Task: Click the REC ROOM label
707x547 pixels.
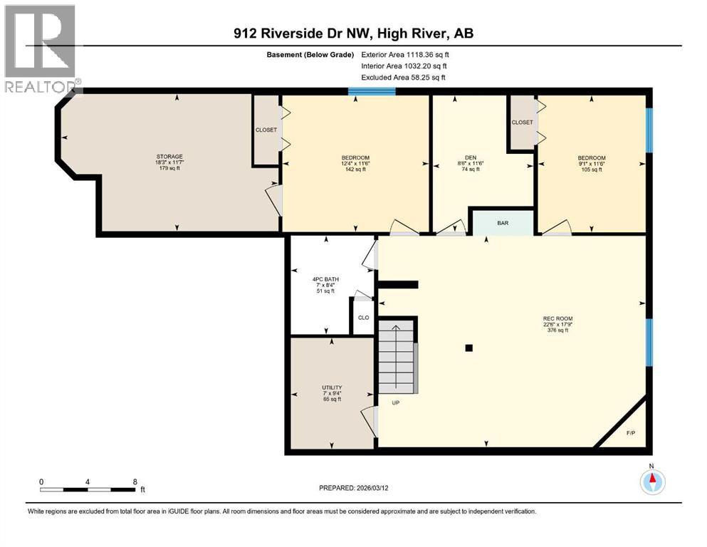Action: click(557, 318)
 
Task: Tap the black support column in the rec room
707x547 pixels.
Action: click(468, 348)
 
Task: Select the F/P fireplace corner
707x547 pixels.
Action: click(630, 432)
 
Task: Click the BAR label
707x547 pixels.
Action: click(503, 223)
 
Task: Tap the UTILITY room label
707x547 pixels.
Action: click(332, 387)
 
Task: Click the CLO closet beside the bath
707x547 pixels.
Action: click(363, 318)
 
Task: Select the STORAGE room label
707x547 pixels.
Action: click(170, 157)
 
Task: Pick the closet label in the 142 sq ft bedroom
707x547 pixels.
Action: click(266, 130)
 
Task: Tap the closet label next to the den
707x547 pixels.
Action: click(522, 123)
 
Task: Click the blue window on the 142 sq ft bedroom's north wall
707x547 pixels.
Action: click(372, 91)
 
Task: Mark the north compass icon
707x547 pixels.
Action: click(652, 482)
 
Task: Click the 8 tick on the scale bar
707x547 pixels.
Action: click(135, 482)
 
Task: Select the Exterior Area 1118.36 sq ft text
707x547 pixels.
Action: click(405, 54)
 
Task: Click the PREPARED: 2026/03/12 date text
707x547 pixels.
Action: click(360, 488)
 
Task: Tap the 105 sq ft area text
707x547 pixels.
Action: click(592, 170)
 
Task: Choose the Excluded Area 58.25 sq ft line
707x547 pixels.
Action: click(404, 77)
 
